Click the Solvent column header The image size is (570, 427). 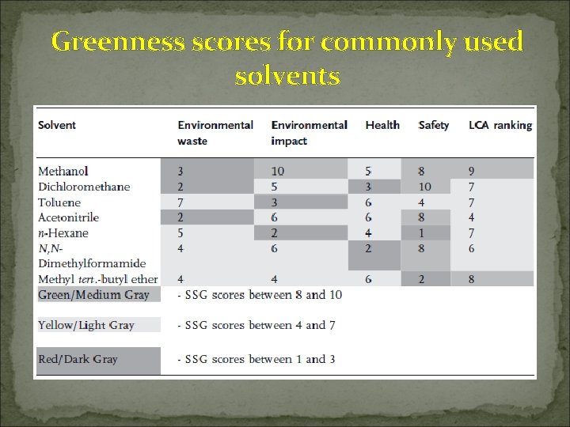(x=57, y=125)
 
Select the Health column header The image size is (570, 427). (x=382, y=125)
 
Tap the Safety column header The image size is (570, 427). (x=433, y=125)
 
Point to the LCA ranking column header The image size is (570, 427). (x=500, y=125)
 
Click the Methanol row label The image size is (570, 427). (x=63, y=171)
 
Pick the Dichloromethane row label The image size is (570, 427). (x=84, y=187)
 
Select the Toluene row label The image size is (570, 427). (x=59, y=202)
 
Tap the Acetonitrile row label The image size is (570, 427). (x=69, y=217)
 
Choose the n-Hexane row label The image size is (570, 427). (x=63, y=233)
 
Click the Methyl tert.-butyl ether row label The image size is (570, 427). (x=98, y=279)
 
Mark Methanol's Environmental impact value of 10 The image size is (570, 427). (x=277, y=171)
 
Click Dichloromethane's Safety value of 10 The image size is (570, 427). (x=425, y=187)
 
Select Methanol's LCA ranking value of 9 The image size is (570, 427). (x=472, y=171)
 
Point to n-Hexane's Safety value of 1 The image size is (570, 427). (x=422, y=233)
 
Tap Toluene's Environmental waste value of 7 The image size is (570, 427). (x=181, y=202)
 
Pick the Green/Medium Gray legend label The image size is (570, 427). (x=93, y=295)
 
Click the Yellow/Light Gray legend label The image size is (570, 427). (x=86, y=325)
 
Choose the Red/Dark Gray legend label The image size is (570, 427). (x=78, y=359)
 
